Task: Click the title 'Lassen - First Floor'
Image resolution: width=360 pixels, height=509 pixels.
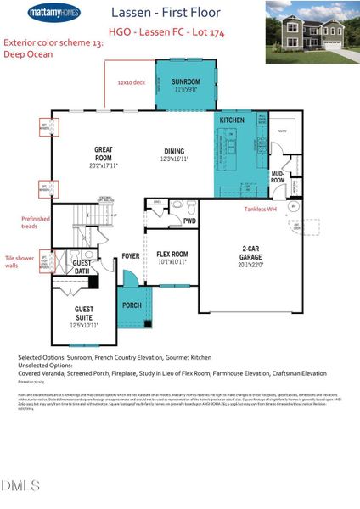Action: [x=166, y=13]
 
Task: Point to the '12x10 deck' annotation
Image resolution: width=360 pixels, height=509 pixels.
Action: [x=132, y=83]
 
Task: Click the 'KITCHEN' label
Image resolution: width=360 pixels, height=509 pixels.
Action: [x=232, y=121]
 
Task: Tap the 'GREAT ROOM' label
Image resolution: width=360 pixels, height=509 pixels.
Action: [x=103, y=154]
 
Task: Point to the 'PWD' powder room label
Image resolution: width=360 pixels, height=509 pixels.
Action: [x=189, y=221]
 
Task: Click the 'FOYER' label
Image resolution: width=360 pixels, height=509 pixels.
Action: [x=131, y=255]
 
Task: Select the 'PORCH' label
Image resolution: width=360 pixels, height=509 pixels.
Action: [x=132, y=305]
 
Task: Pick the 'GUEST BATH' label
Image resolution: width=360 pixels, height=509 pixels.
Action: [x=82, y=268]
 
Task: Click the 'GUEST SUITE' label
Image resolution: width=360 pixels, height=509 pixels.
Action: [x=84, y=314]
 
